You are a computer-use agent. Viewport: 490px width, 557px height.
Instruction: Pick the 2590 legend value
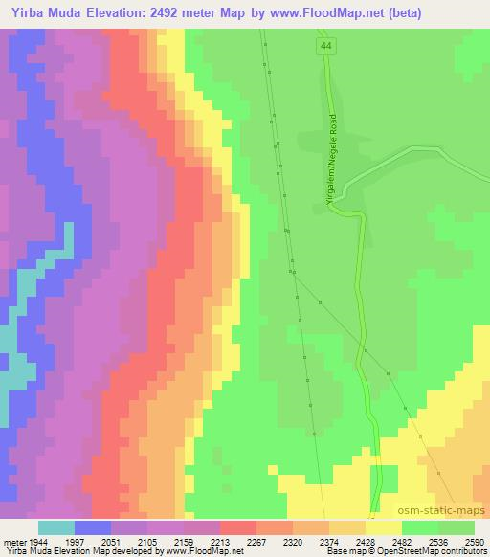pyautogui.click(x=475, y=542)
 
